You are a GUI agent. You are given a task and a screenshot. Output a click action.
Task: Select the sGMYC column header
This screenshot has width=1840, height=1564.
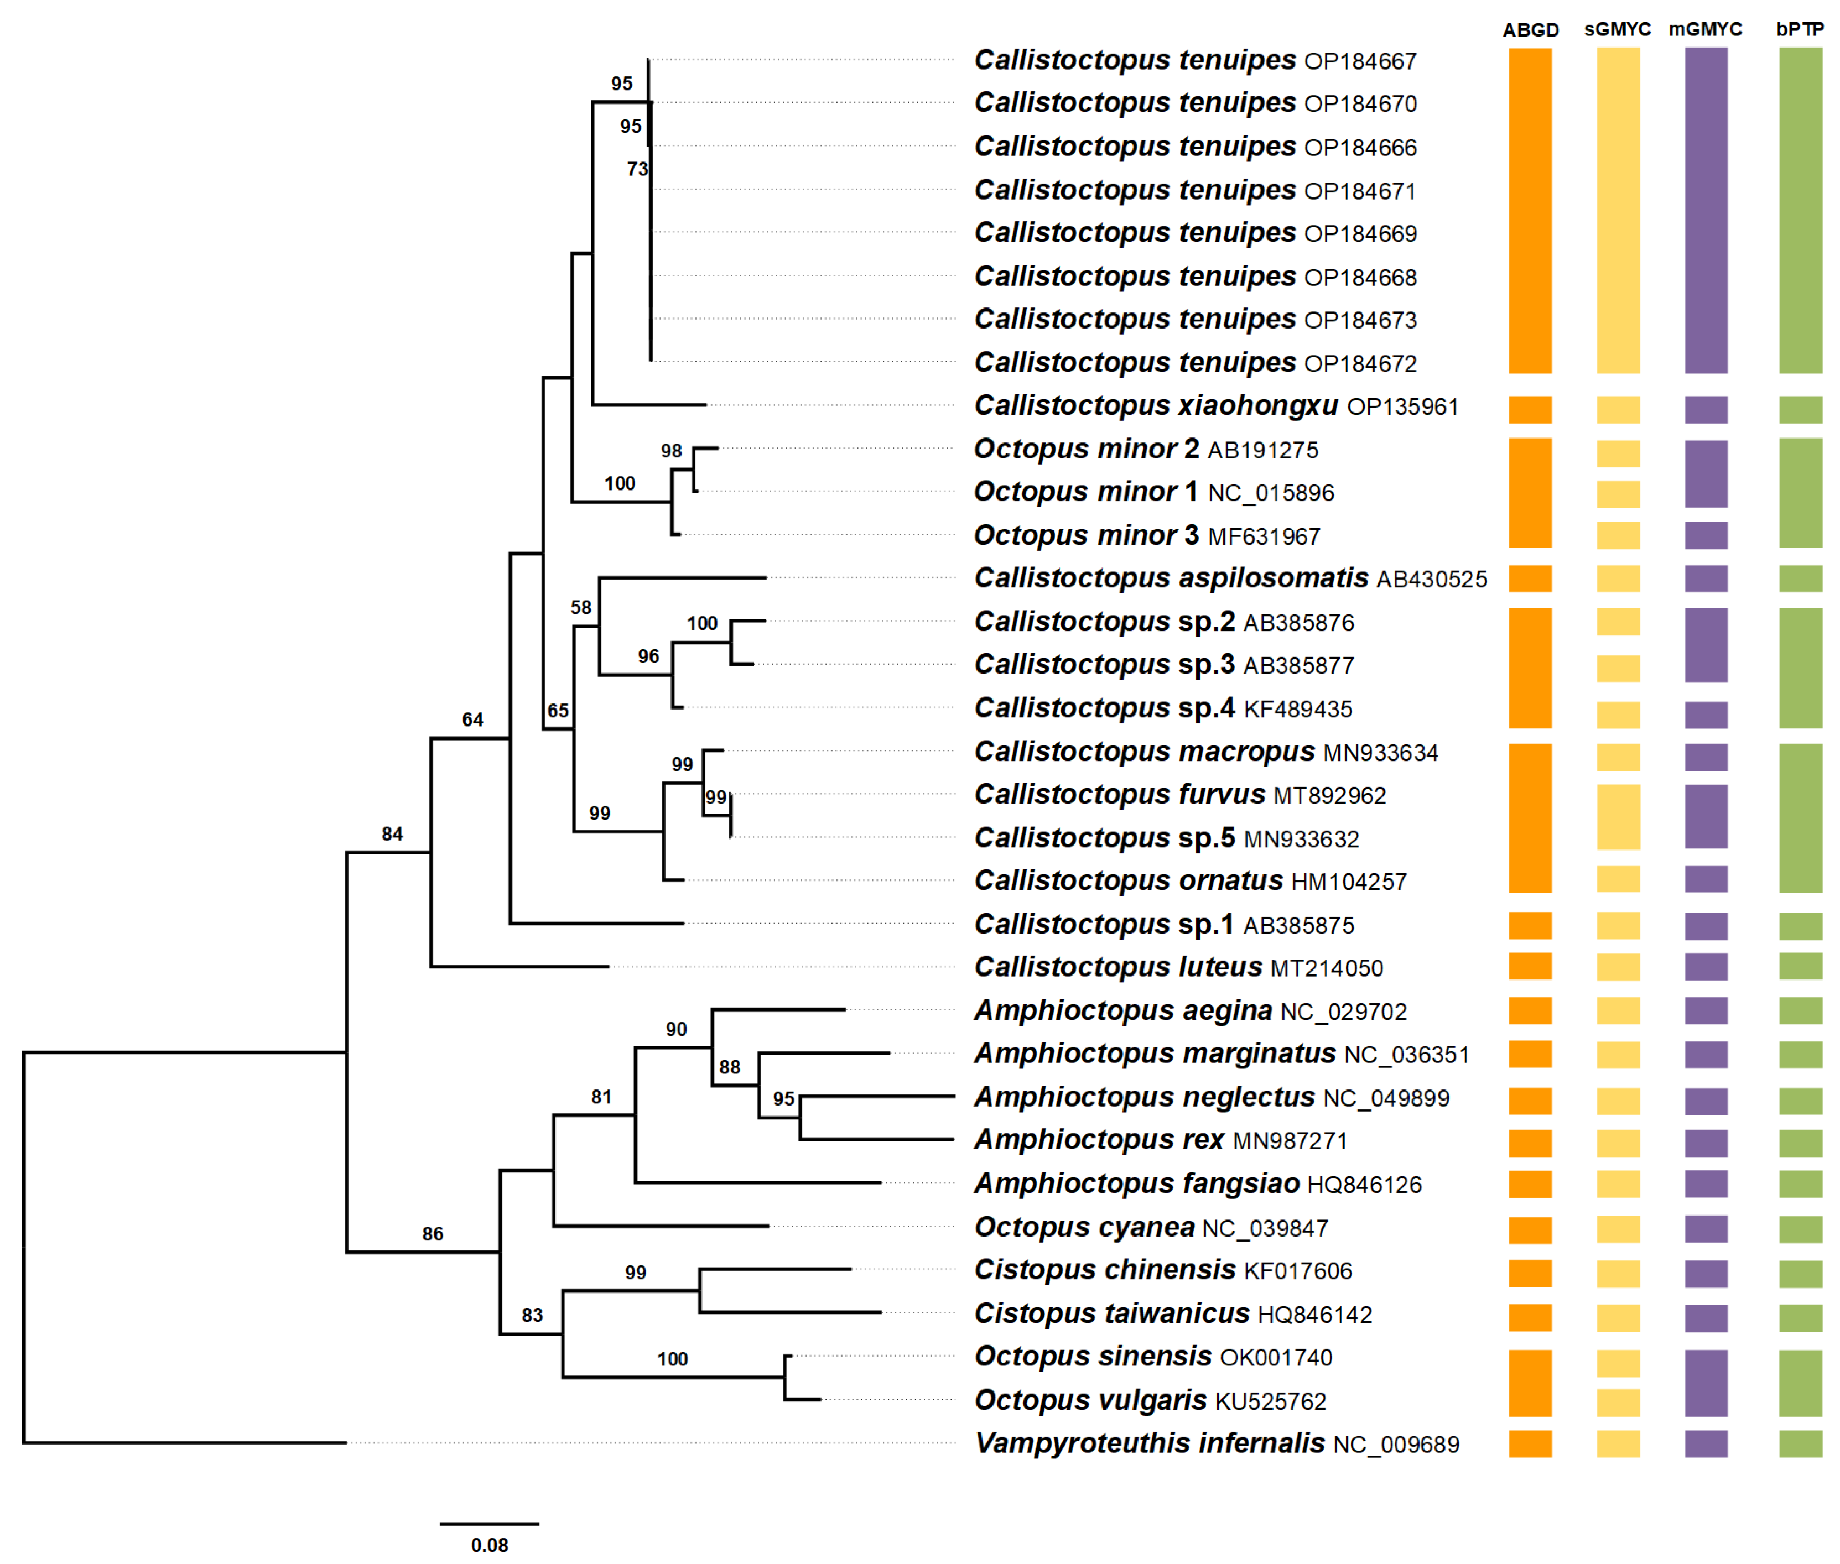click(x=1618, y=29)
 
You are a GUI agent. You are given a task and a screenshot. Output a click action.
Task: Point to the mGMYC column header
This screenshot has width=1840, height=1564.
click(x=1704, y=29)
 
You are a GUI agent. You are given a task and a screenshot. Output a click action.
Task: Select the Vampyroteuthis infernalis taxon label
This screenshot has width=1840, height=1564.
click(x=1149, y=1443)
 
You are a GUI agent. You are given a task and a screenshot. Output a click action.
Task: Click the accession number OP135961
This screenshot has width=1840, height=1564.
click(x=1402, y=407)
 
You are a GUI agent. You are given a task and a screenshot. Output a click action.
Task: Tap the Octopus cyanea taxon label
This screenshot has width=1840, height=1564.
click(x=1084, y=1227)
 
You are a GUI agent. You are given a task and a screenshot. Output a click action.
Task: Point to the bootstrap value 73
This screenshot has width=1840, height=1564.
click(x=637, y=169)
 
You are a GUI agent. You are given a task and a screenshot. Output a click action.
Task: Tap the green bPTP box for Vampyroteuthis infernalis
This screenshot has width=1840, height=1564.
click(x=1800, y=1443)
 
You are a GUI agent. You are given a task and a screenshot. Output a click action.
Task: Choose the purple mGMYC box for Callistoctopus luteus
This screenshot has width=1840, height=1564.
click(x=1705, y=966)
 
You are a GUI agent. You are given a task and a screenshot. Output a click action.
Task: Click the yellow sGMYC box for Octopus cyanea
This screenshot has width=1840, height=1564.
click(x=1618, y=1229)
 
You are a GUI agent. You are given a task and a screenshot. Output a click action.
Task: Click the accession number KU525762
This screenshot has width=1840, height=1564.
click(x=1270, y=1402)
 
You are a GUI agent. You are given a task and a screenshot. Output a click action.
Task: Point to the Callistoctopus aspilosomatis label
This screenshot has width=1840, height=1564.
click(x=1171, y=578)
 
